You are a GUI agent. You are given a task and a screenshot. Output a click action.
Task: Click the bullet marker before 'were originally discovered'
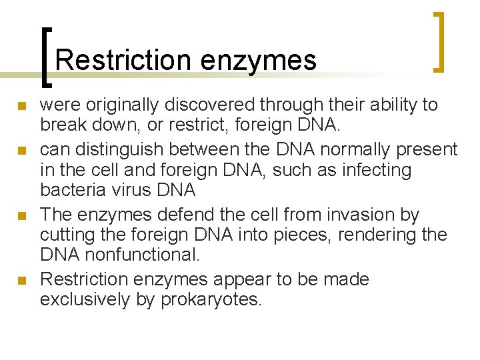click(22, 106)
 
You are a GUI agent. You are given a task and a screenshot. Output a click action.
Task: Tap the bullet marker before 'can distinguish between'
click(22, 150)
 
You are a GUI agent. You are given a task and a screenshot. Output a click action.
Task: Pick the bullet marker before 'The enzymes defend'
click(22, 216)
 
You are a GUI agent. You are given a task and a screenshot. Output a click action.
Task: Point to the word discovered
click(213, 105)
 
